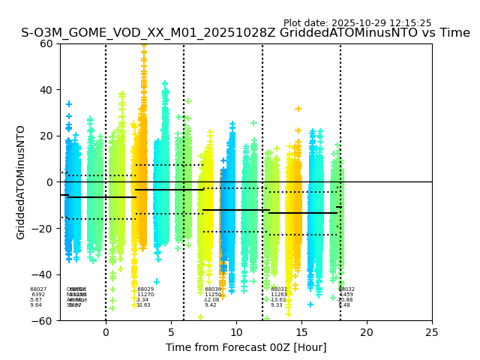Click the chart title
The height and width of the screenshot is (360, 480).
pos(245,33)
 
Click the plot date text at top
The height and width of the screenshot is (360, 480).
pos(357,23)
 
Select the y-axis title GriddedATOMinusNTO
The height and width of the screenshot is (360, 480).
pos(21,182)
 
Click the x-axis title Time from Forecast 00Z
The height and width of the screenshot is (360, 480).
pos(246,347)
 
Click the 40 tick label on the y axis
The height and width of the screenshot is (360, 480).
pos(46,90)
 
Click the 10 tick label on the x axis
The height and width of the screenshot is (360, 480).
pos(236,331)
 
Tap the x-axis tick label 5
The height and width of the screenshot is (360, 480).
pos(171,331)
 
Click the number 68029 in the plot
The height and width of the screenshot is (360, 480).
pos(145,289)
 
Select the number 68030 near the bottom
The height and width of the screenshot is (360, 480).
pos(213,289)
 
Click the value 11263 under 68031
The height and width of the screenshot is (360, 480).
pos(279,295)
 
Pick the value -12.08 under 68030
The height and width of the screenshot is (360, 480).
pos(211,300)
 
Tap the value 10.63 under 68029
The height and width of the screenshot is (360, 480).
pos(143,305)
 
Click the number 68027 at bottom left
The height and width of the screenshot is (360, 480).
pos(38,289)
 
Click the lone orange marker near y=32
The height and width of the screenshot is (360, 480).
pos(298,109)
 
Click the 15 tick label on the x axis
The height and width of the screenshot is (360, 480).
pos(301,331)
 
